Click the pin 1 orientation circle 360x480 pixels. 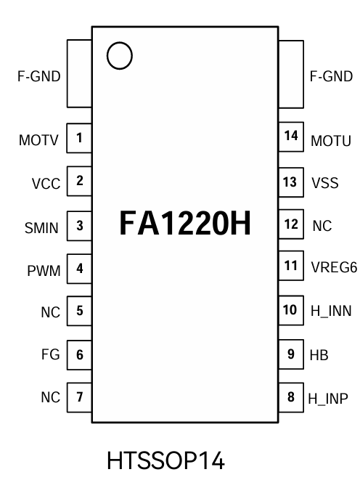click(119, 55)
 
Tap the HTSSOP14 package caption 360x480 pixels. click(165, 460)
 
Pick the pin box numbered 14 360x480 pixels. click(290, 137)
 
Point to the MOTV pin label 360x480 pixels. click(38, 140)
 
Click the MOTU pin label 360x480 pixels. click(331, 140)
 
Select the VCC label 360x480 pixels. click(45, 184)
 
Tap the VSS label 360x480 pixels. click(324, 183)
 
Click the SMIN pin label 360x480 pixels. click(41, 227)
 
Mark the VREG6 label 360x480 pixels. click(334, 267)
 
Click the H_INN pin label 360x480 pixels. click(331, 312)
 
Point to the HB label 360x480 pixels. click(319, 355)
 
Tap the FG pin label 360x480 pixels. click(49, 357)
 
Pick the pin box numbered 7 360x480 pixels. click(79, 397)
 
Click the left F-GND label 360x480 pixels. click(38, 76)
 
